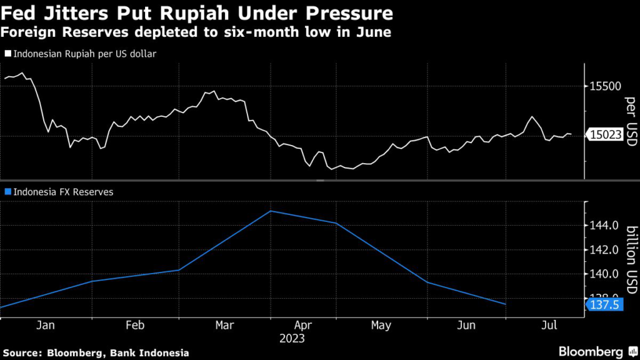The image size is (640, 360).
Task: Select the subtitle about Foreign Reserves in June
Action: click(197, 32)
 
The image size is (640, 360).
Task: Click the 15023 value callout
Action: click(605, 134)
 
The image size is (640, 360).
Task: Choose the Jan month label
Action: click(46, 325)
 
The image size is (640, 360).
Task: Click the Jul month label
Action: click(549, 325)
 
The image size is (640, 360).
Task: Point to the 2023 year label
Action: click(292, 339)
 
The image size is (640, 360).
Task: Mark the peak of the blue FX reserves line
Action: click(270, 211)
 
